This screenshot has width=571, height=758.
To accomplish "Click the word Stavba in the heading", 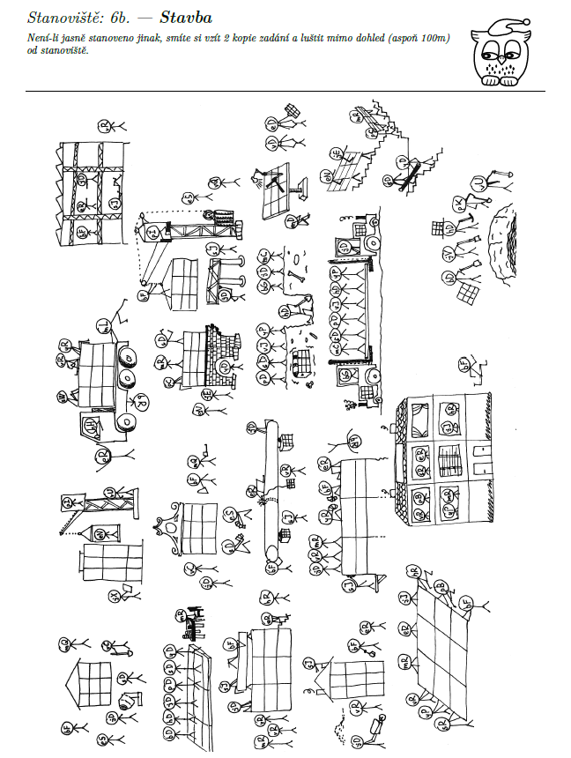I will tap(186, 17).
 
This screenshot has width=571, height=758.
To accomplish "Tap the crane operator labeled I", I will tap(154, 231).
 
